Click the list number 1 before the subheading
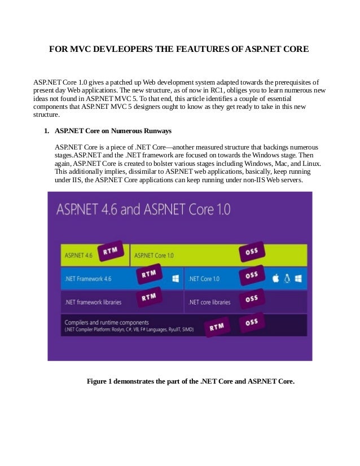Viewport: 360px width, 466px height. (46, 131)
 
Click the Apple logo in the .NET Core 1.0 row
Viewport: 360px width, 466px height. (276, 278)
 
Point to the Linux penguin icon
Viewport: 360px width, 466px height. (287, 278)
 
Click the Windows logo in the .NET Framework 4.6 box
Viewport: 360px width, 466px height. (175, 278)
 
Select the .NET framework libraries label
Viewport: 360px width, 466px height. (93, 302)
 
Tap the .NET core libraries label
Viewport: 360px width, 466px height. (209, 302)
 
